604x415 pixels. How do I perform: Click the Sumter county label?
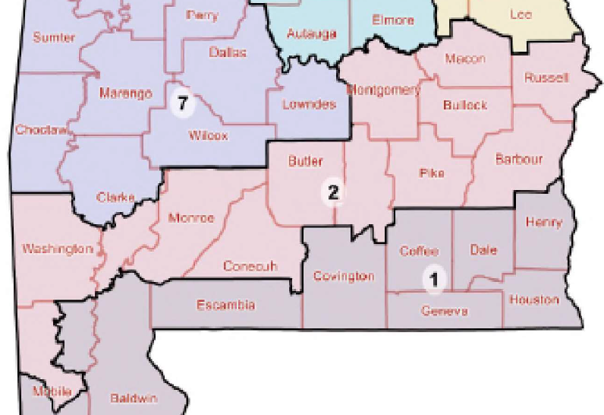pos(53,37)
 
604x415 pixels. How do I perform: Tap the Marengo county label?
pos(126,93)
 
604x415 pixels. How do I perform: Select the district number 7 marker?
pos(181,101)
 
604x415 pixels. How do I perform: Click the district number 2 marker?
pos(333,192)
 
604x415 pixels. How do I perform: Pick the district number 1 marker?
pos(433,280)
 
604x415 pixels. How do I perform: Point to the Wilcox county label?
pos(207,137)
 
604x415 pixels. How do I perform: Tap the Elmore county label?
pos(393,21)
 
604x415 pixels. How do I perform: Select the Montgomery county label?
pos(383,90)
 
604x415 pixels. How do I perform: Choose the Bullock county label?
pos(465,104)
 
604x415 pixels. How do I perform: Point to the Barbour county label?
pos(518,160)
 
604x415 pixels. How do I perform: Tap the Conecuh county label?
pos(250,266)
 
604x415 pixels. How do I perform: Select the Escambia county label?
pos(225,306)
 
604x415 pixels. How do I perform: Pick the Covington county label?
pos(344,276)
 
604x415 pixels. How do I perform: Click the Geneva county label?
pos(444,311)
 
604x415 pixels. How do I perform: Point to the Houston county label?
pos(534,299)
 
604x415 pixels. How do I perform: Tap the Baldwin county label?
pos(134,398)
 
